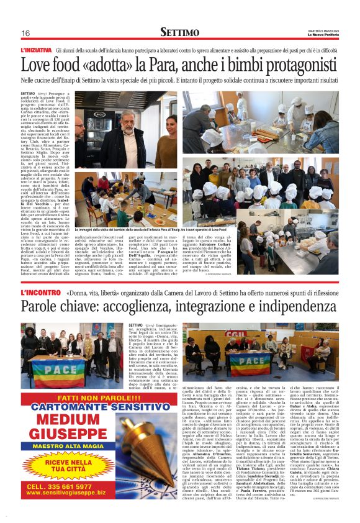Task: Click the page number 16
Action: pos(25,33)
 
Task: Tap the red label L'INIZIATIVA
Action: pos(37,49)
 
